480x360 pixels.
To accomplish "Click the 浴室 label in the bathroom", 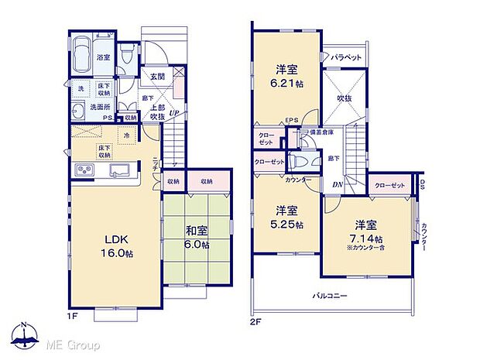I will pyautogui.click(x=101, y=57).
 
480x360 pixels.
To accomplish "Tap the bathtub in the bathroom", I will pyautogui.click(x=81, y=57).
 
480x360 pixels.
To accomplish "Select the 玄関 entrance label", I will pyautogui.click(x=157, y=76).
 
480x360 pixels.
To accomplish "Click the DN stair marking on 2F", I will pyautogui.click(x=337, y=184).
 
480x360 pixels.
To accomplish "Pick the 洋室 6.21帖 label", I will pyautogui.click(x=286, y=74).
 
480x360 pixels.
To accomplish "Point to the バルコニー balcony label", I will pyautogui.click(x=331, y=295).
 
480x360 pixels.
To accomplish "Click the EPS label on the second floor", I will pyautogui.click(x=291, y=119).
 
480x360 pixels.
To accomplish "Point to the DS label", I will pyautogui.click(x=423, y=185).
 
